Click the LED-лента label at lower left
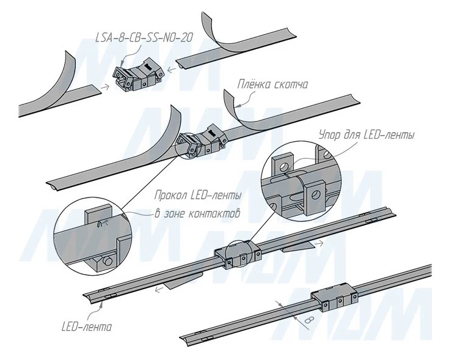[87, 327]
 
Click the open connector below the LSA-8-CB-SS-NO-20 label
[139, 77]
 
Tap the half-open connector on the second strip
[200, 142]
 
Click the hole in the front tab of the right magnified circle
[316, 195]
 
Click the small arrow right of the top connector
[172, 69]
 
